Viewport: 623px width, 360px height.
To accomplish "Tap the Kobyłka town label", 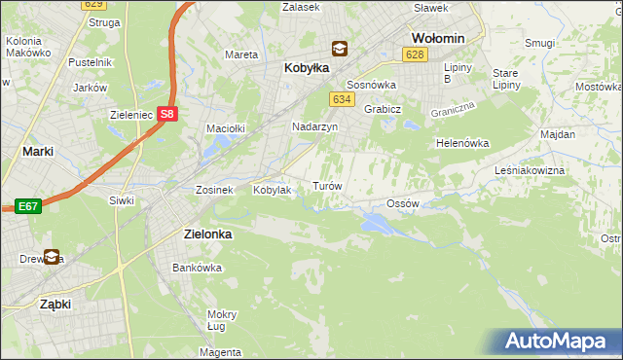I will pyautogui.click(x=307, y=69).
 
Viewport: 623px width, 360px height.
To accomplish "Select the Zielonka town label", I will pyautogui.click(x=207, y=234).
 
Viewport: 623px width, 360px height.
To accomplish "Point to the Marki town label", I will pyautogui.click(x=37, y=151).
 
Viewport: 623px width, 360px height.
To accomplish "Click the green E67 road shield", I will pyautogui.click(x=27, y=206).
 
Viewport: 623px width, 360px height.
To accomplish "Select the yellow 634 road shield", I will pyautogui.click(x=341, y=99).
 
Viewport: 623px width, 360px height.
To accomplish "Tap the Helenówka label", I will pyautogui.click(x=461, y=143).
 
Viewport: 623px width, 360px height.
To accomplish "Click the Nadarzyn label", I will pyautogui.click(x=314, y=126).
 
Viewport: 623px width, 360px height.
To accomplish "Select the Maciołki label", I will pyautogui.click(x=224, y=127).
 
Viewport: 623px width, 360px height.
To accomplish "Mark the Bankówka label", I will pyautogui.click(x=192, y=267).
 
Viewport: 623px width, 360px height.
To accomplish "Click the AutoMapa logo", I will pyautogui.click(x=559, y=342).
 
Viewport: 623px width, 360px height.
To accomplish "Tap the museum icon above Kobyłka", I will pyautogui.click(x=338, y=48).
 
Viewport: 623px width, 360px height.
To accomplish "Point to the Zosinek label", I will pyautogui.click(x=214, y=190).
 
